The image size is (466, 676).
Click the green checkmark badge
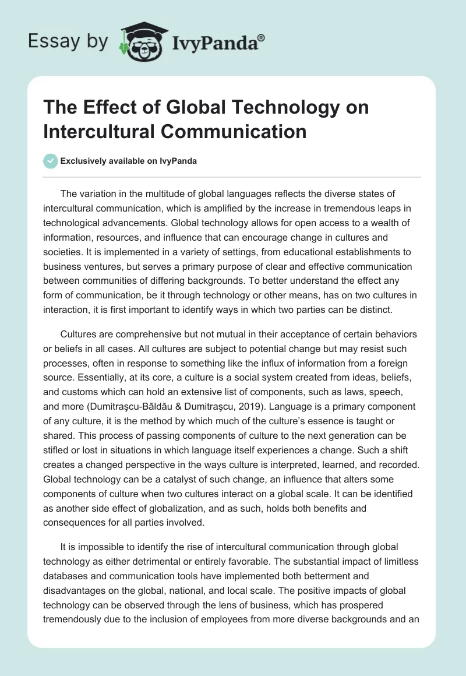(x=51, y=161)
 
